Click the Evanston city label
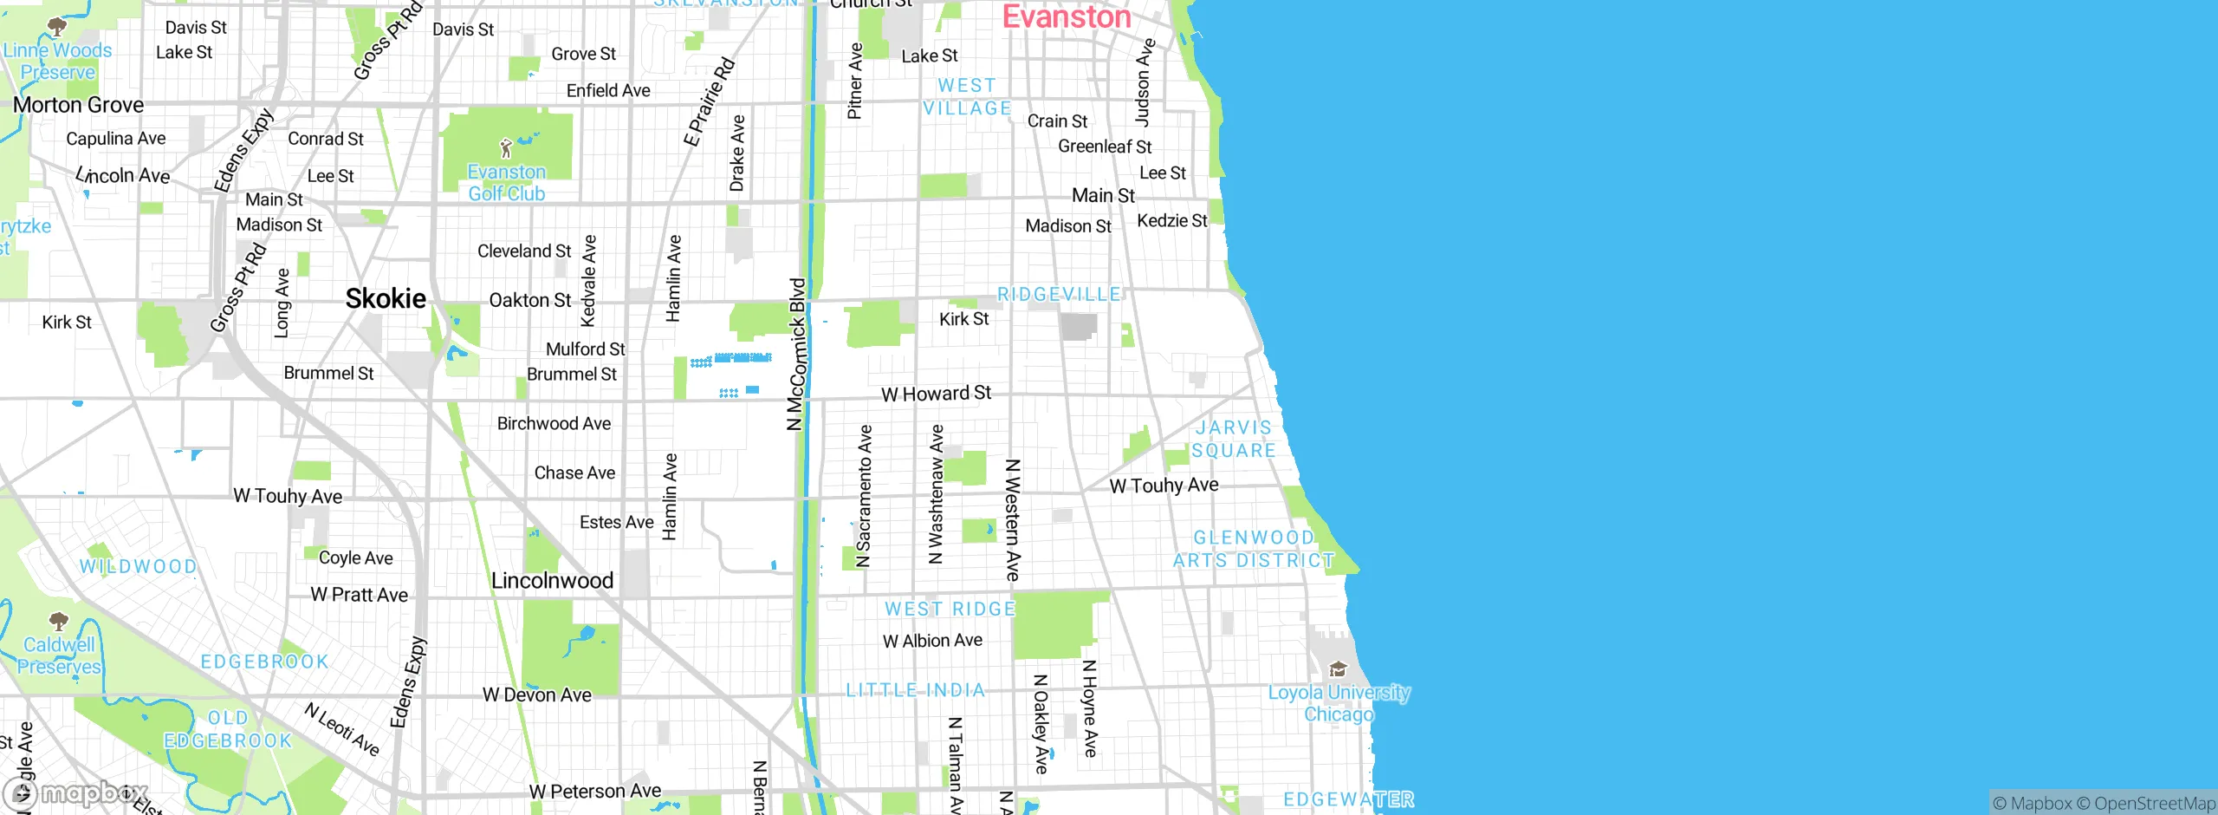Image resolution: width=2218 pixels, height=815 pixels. click(x=1067, y=17)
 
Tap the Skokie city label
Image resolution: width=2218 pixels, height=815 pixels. click(x=386, y=299)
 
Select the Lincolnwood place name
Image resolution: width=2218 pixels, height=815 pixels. click(x=552, y=581)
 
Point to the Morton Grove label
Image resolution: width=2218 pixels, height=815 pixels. click(x=78, y=105)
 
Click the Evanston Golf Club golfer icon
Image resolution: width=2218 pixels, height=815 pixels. click(x=506, y=148)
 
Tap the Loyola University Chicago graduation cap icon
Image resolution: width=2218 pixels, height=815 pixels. click(x=1338, y=668)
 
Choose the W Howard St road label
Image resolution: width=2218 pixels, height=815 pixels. click(x=936, y=394)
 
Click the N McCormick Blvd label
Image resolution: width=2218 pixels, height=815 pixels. click(x=797, y=354)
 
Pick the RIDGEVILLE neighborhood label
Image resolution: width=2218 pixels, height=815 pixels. click(x=1059, y=295)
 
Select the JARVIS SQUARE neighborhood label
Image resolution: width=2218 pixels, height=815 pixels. click(x=1233, y=439)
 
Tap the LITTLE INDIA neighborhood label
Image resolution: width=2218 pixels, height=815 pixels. click(x=916, y=690)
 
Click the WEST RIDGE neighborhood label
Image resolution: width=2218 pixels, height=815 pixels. click(x=950, y=609)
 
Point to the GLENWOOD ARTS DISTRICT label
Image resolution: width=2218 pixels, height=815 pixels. click(x=1253, y=549)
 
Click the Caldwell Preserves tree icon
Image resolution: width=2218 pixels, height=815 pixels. click(x=59, y=621)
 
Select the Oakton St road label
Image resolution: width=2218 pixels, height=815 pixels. click(x=529, y=300)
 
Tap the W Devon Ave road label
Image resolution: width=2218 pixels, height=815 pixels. click(x=536, y=694)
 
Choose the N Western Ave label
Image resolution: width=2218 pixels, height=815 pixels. click(x=1012, y=519)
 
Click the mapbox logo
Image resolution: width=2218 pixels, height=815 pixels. click(x=75, y=793)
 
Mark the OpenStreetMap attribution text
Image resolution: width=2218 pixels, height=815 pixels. click(x=2152, y=804)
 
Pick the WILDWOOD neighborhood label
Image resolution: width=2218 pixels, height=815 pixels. click(x=138, y=566)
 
